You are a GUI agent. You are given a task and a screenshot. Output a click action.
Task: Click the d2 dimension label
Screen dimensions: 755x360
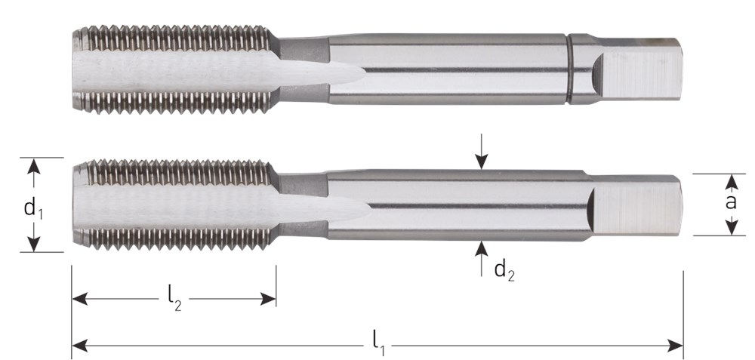tap(504, 271)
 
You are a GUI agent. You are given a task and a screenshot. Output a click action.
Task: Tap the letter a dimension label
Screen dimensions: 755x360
tap(731, 202)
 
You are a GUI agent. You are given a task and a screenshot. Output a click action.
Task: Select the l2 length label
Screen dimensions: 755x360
tap(175, 300)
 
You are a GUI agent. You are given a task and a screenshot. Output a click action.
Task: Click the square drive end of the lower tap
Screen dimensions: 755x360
tap(636, 205)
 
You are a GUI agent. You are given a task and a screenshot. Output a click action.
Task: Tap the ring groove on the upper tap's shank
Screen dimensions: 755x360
tap(569, 69)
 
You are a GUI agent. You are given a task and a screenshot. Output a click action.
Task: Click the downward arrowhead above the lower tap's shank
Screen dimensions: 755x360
tap(481, 161)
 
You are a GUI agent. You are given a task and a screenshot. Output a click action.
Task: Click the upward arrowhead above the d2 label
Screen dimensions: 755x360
tap(481, 249)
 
